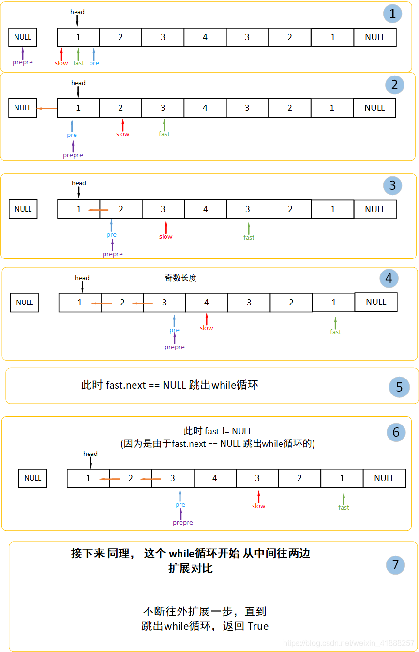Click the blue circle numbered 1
(392, 14)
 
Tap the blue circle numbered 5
(399, 387)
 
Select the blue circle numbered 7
(395, 564)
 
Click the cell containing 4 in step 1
(205, 37)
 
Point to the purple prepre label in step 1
(23, 62)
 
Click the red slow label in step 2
(123, 134)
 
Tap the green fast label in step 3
(249, 237)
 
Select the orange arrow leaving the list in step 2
(47, 108)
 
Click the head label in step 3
(79, 183)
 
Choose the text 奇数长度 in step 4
(180, 278)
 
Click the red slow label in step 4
(207, 328)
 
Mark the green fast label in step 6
(344, 507)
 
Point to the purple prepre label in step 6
(183, 523)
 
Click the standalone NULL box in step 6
(33, 478)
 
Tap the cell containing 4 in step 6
(215, 478)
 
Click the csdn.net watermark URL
(348, 643)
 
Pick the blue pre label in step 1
(94, 63)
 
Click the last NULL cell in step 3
(375, 210)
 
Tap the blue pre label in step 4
(174, 330)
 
